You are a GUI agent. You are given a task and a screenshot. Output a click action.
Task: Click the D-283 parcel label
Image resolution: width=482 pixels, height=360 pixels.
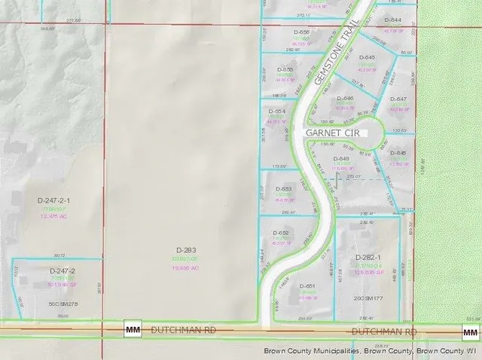pos(187,249)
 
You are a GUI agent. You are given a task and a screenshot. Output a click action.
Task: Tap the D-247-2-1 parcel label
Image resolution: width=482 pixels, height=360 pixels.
pos(53,200)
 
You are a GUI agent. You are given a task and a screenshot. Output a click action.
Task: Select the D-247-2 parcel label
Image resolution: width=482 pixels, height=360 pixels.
pos(63,270)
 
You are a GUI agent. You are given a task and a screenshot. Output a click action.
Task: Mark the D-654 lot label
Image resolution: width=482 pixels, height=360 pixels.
pos(277,111)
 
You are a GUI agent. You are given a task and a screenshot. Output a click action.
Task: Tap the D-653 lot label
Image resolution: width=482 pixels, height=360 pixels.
pos(284,189)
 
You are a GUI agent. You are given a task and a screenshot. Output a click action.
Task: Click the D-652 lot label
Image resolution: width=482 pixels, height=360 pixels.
pos(280,233)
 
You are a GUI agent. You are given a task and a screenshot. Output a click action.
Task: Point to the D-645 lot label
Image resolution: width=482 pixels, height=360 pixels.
pos(367,57)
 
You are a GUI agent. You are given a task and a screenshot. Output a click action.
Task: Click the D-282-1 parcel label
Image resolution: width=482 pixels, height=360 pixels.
pos(370,258)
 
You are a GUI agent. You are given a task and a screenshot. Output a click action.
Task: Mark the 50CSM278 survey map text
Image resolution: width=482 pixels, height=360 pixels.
pos(63,304)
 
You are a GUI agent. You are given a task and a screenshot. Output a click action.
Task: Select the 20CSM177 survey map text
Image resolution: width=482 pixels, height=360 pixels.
pos(368,299)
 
